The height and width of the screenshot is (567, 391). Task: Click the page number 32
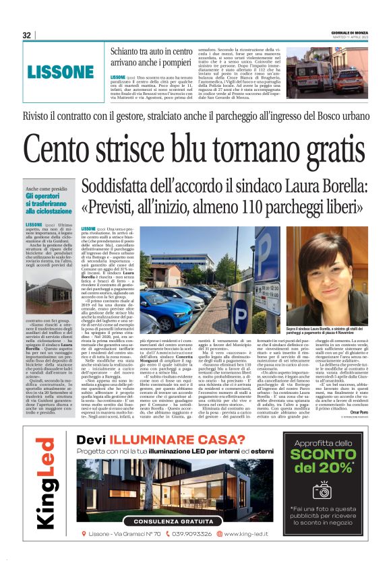[x=27, y=35]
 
